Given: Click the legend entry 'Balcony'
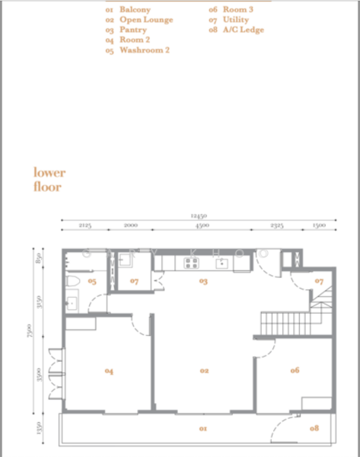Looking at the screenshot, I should click(x=135, y=10).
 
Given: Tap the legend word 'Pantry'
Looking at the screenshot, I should click(x=132, y=30).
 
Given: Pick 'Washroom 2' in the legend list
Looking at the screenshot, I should click(x=144, y=50).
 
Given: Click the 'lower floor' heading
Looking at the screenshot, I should click(x=49, y=179).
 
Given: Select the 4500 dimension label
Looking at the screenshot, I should click(x=201, y=226).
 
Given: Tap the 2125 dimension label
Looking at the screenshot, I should click(x=84, y=226).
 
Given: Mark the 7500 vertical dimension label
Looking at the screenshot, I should click(x=28, y=333).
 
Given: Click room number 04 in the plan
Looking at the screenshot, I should click(x=109, y=371).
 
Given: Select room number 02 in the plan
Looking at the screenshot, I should click(x=204, y=371).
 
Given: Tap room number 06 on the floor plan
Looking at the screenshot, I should click(x=294, y=370).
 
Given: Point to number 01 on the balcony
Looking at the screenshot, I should click(x=203, y=429).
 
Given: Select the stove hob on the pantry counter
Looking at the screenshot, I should click(x=190, y=264).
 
